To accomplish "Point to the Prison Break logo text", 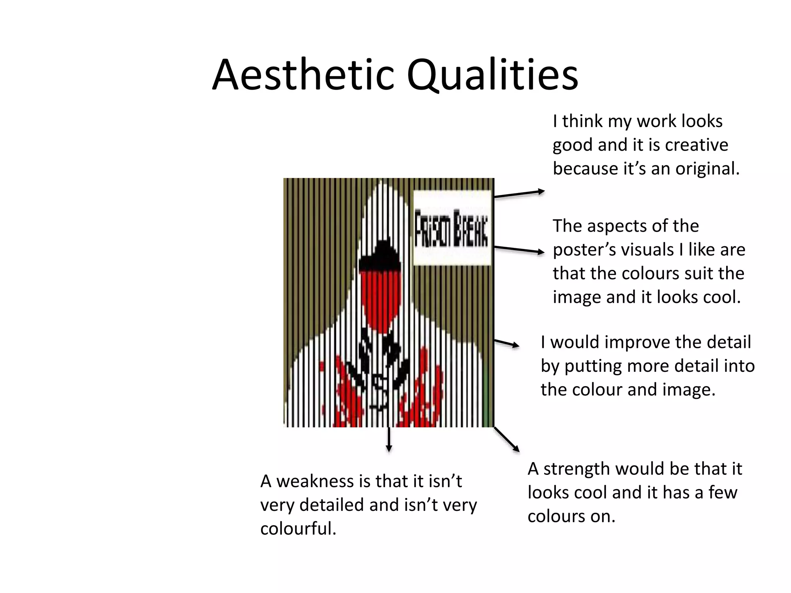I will tap(452, 229).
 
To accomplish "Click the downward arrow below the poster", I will tap(389, 440).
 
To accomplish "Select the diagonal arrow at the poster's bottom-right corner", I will tap(507, 439).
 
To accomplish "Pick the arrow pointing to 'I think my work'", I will tap(519, 194).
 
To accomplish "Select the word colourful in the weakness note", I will tap(298, 529).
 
